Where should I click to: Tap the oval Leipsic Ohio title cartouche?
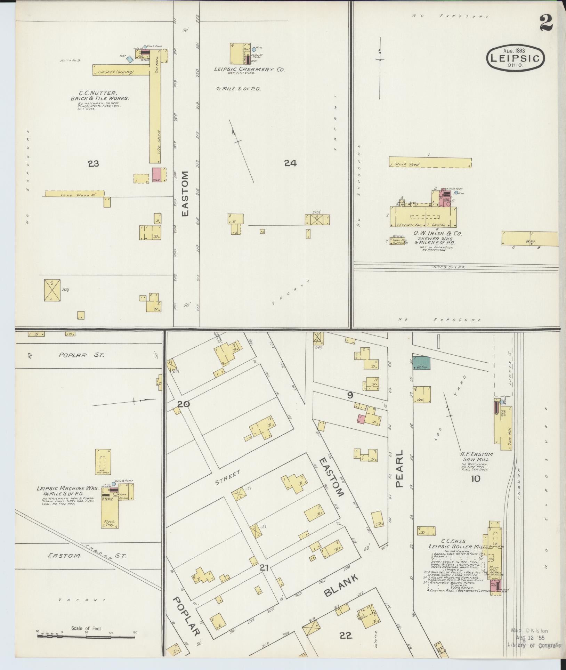pos(516,58)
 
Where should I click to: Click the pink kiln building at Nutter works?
pos(156,175)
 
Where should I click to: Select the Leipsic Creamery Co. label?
pos(249,70)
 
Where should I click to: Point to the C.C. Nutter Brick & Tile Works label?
pos(100,96)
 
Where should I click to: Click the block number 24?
pos(290,163)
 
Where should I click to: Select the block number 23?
pos(93,163)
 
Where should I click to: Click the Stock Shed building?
pos(430,163)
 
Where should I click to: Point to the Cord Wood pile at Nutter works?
pos(74,193)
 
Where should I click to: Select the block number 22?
pos(346,636)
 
